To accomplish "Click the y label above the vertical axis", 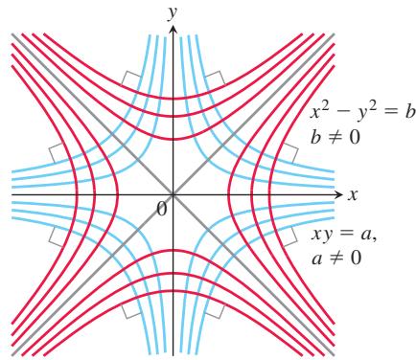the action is [173, 13].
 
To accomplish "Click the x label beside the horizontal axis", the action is [353, 194].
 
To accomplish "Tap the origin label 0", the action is [162, 210].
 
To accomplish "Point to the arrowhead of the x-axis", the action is [338, 194].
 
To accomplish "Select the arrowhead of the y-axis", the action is [173, 30].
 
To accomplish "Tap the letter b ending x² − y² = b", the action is [408, 112].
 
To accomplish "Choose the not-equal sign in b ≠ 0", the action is [333, 138].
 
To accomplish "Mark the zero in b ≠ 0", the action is [354, 137].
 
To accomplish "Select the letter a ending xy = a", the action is [366, 236].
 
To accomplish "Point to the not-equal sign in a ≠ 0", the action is [333, 258].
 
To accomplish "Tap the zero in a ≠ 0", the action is [354, 258].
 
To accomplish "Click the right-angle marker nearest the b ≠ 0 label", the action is [289, 152].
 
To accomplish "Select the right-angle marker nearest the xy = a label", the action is [289, 236].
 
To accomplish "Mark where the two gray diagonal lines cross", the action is [173, 194].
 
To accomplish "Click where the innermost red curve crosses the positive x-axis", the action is [229, 194].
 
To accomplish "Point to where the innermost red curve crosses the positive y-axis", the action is [173, 139].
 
